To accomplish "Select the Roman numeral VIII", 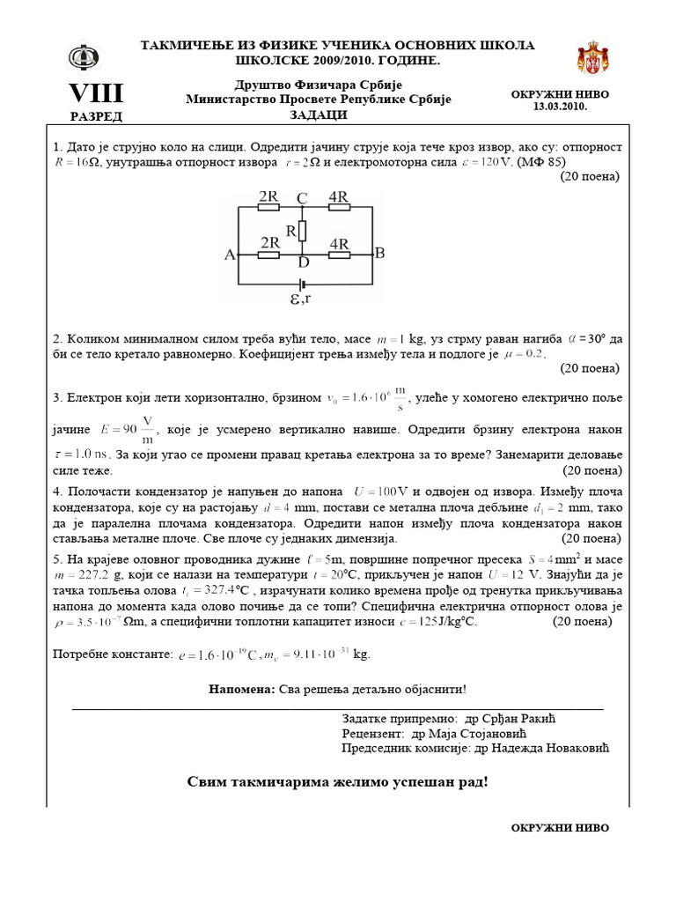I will click(x=96, y=92).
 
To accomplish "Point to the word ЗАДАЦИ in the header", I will click(x=318, y=115).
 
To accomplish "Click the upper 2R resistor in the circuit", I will click(x=269, y=209).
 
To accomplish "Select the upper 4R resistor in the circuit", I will click(x=338, y=209).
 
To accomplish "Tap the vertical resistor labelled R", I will click(x=301, y=232).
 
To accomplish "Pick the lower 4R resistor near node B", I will click(x=340, y=255).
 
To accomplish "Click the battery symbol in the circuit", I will click(x=303, y=285).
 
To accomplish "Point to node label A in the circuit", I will click(x=230, y=255).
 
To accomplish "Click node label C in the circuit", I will click(x=302, y=199).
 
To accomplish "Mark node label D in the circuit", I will click(x=303, y=263).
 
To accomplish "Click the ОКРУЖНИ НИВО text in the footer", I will click(x=560, y=827).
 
